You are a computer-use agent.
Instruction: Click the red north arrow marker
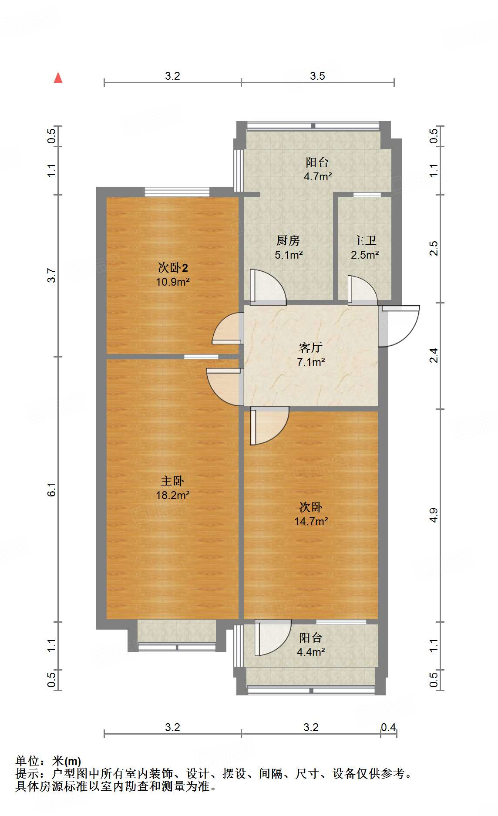58,78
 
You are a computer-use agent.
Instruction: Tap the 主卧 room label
172,481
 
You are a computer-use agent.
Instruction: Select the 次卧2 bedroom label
173,267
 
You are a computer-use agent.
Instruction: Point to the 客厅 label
311,347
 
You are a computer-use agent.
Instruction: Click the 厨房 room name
288,240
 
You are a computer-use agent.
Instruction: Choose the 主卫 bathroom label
365,240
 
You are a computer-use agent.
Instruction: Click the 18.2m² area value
173,495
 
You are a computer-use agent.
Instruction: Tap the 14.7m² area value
311,521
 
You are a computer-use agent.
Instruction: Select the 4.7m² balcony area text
318,176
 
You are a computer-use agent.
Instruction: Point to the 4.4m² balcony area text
311,652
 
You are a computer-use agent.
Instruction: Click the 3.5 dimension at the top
317,76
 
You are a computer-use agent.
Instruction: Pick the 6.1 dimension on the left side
52,490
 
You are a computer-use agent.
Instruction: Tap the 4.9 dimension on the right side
434,516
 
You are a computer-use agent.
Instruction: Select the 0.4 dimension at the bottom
388,728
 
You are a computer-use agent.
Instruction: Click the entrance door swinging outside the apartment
398,326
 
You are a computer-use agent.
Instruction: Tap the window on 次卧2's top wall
177,192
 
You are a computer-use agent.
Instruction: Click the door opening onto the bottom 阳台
273,637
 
